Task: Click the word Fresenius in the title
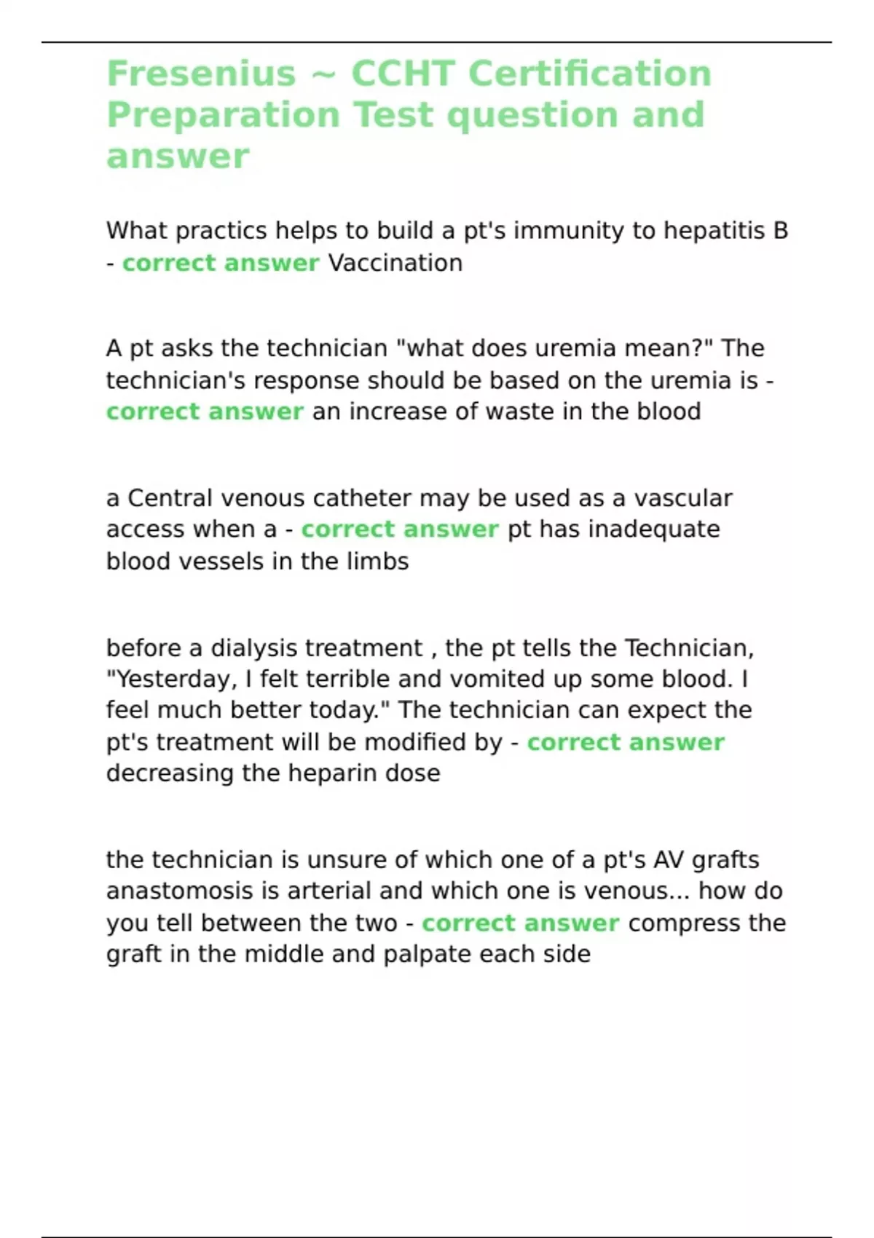(x=201, y=74)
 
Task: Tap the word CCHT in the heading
(x=403, y=74)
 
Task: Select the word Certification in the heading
(x=589, y=74)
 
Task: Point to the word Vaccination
(x=395, y=263)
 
